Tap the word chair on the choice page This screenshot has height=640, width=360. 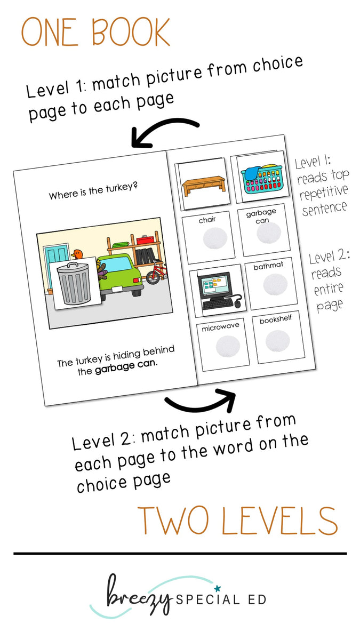click(x=206, y=219)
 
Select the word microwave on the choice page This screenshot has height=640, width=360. click(x=220, y=327)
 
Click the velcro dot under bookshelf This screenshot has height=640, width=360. click(x=277, y=341)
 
